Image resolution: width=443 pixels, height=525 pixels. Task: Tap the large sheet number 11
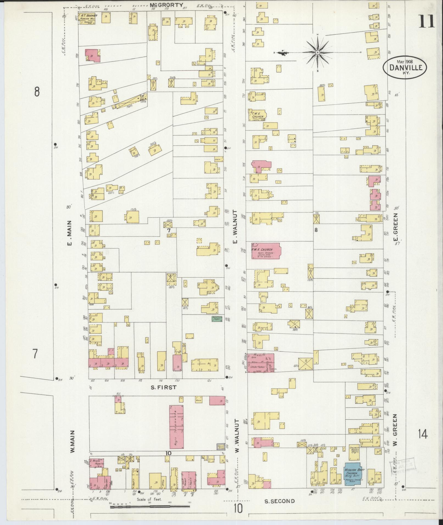[427, 22]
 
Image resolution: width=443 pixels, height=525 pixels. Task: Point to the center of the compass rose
[317, 52]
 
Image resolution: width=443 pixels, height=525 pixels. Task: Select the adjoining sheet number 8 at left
[37, 91]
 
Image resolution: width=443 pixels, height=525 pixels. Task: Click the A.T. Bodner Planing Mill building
[87, 18]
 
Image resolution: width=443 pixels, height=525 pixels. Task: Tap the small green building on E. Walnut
[217, 318]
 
